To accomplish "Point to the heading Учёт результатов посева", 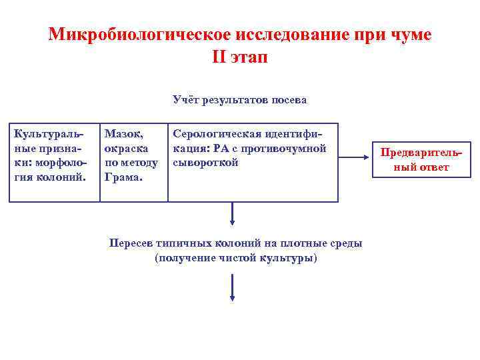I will [239, 100].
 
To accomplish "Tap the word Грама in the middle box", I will [121, 177].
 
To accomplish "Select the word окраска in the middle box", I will [126, 149].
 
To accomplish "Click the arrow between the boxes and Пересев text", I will [232, 213].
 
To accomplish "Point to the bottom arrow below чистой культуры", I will [232, 286].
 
